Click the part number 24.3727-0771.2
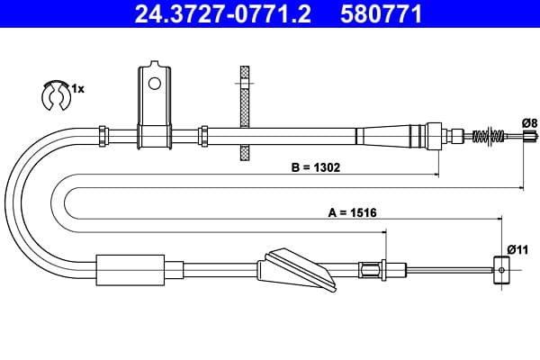tap(223, 13)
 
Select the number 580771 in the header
tap(382, 13)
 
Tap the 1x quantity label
tap(77, 89)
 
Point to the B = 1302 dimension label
tap(316, 167)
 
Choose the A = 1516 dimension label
tap(352, 213)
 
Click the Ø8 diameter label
tap(529, 123)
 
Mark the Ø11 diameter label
tap(518, 249)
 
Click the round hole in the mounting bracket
tap(154, 84)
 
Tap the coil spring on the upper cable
tap(489, 136)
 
